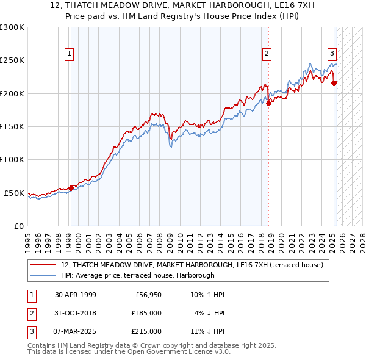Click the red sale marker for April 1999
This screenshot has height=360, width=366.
71,188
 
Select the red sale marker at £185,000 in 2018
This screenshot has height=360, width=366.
268,104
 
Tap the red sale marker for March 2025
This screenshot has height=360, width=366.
334,83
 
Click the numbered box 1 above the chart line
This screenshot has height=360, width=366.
69,54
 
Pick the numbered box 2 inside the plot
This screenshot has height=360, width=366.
267,54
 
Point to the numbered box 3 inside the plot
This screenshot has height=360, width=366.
332,54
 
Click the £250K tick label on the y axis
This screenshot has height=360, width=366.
12,60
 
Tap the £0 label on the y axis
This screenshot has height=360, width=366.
19,226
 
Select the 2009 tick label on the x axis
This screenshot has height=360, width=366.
170,243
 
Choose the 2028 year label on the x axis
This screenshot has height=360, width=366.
362,243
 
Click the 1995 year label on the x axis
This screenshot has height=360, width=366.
28,243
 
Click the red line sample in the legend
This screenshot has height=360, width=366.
43,265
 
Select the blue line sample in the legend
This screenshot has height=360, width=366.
43,275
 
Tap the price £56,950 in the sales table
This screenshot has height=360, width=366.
148,295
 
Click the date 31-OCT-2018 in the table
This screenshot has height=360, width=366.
75,313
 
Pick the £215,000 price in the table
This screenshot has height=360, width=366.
146,331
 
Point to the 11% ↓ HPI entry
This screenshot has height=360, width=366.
207,331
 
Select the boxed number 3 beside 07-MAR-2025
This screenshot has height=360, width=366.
32,331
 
